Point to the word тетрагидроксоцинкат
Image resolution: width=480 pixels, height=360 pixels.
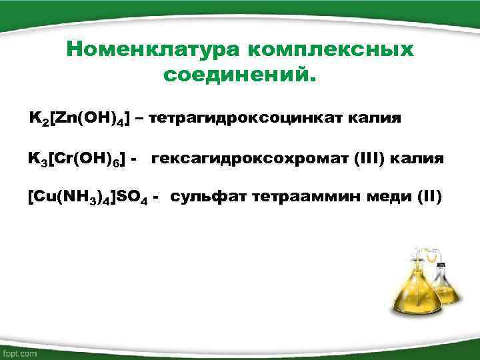tap(255, 119)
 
